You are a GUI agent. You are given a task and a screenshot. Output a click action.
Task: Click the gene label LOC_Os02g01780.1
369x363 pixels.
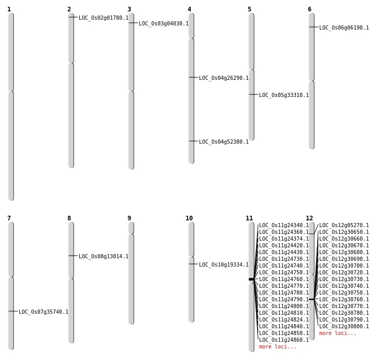[x=103, y=18]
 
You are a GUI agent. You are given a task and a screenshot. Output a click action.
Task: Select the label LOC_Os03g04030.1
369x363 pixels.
[x=163, y=24]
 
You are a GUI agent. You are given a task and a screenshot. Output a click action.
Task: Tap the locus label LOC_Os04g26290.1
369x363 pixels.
[x=223, y=78]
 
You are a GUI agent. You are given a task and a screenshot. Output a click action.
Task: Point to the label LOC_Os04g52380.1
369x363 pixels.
[x=223, y=142]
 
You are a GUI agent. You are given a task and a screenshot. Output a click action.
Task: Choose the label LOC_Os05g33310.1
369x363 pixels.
[x=283, y=95]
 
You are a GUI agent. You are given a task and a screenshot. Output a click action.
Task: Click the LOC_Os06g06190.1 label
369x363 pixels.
[x=344, y=28]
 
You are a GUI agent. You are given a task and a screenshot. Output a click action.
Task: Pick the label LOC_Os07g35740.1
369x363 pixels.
[x=43, y=312]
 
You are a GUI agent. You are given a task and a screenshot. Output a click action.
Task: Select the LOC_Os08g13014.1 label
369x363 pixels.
[x=103, y=257]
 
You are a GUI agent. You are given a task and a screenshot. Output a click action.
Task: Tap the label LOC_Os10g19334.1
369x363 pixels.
[x=223, y=265]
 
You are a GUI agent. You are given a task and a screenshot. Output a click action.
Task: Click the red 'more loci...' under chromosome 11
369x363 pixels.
[x=277, y=347]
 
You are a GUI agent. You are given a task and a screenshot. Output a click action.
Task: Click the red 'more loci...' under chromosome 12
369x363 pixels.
[x=337, y=333]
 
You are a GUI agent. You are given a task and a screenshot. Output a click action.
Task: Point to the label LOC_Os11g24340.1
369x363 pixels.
[x=283, y=226]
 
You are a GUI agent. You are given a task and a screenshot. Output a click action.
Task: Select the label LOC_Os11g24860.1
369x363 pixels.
[x=283, y=340]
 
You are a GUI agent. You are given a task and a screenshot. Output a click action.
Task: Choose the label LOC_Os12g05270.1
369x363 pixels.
[x=344, y=226]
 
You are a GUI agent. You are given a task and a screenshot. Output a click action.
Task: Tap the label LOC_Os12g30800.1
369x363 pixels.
[x=344, y=327]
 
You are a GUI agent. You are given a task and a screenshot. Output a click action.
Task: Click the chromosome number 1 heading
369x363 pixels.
[x=9, y=9]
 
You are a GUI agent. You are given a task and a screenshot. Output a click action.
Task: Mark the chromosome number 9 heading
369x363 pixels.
[x=129, y=218]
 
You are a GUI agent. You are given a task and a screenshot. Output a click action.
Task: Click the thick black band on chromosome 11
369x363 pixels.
[x=251, y=280]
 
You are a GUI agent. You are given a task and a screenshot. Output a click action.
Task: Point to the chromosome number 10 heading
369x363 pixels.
[x=189, y=218]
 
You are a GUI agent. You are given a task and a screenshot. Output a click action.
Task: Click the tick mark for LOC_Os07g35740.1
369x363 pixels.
[x=13, y=311]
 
